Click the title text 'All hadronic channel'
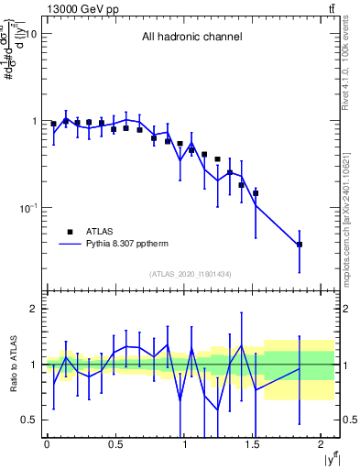(191, 38)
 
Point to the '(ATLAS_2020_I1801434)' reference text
(191, 274)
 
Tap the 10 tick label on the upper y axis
(28, 34)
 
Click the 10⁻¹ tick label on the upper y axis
(27, 208)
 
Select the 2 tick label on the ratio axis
(32, 310)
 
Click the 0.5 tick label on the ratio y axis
(28, 420)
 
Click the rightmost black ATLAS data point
(300, 245)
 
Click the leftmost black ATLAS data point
(54, 124)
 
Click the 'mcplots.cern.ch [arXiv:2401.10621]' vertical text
(351, 202)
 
